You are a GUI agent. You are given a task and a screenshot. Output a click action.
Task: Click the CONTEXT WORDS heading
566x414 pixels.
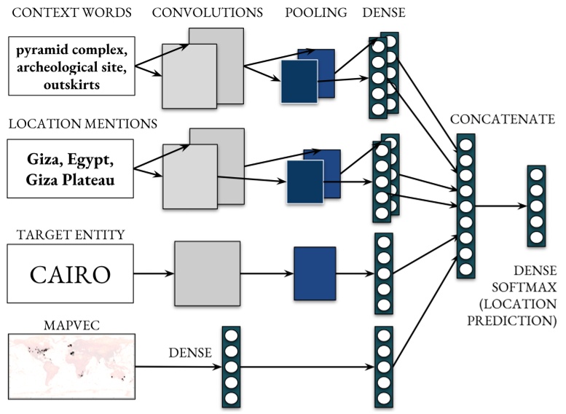point(70,12)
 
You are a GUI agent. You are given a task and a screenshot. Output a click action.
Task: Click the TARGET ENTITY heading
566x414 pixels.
point(66,234)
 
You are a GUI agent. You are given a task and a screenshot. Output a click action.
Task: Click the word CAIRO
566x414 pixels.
point(70,274)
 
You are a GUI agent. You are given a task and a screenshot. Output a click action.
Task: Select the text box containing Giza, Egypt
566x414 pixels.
point(70,168)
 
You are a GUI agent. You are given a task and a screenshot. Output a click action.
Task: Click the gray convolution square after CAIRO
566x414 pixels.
point(207,274)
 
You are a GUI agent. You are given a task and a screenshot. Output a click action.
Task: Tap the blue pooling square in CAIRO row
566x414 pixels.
point(314,274)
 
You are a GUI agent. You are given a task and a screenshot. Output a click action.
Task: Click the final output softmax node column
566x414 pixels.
point(536,206)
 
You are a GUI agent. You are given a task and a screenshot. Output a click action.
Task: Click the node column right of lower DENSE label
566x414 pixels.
point(231,367)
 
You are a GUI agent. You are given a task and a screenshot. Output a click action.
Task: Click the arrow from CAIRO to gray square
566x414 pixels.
point(153,274)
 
